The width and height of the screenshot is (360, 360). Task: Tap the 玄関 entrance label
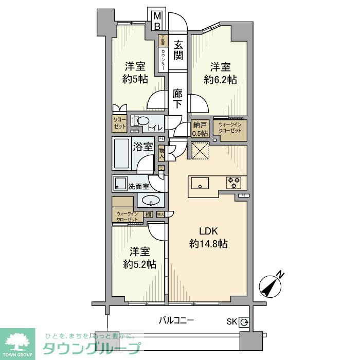point(178,49)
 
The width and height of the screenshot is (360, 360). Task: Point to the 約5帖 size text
point(136,79)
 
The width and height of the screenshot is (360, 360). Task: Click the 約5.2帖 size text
point(139,264)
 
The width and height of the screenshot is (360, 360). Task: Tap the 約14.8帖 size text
point(208,244)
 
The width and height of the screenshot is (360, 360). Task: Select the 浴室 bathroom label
point(143,147)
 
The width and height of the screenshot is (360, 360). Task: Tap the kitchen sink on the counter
point(200,183)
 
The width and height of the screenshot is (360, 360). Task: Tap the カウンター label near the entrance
point(163,57)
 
